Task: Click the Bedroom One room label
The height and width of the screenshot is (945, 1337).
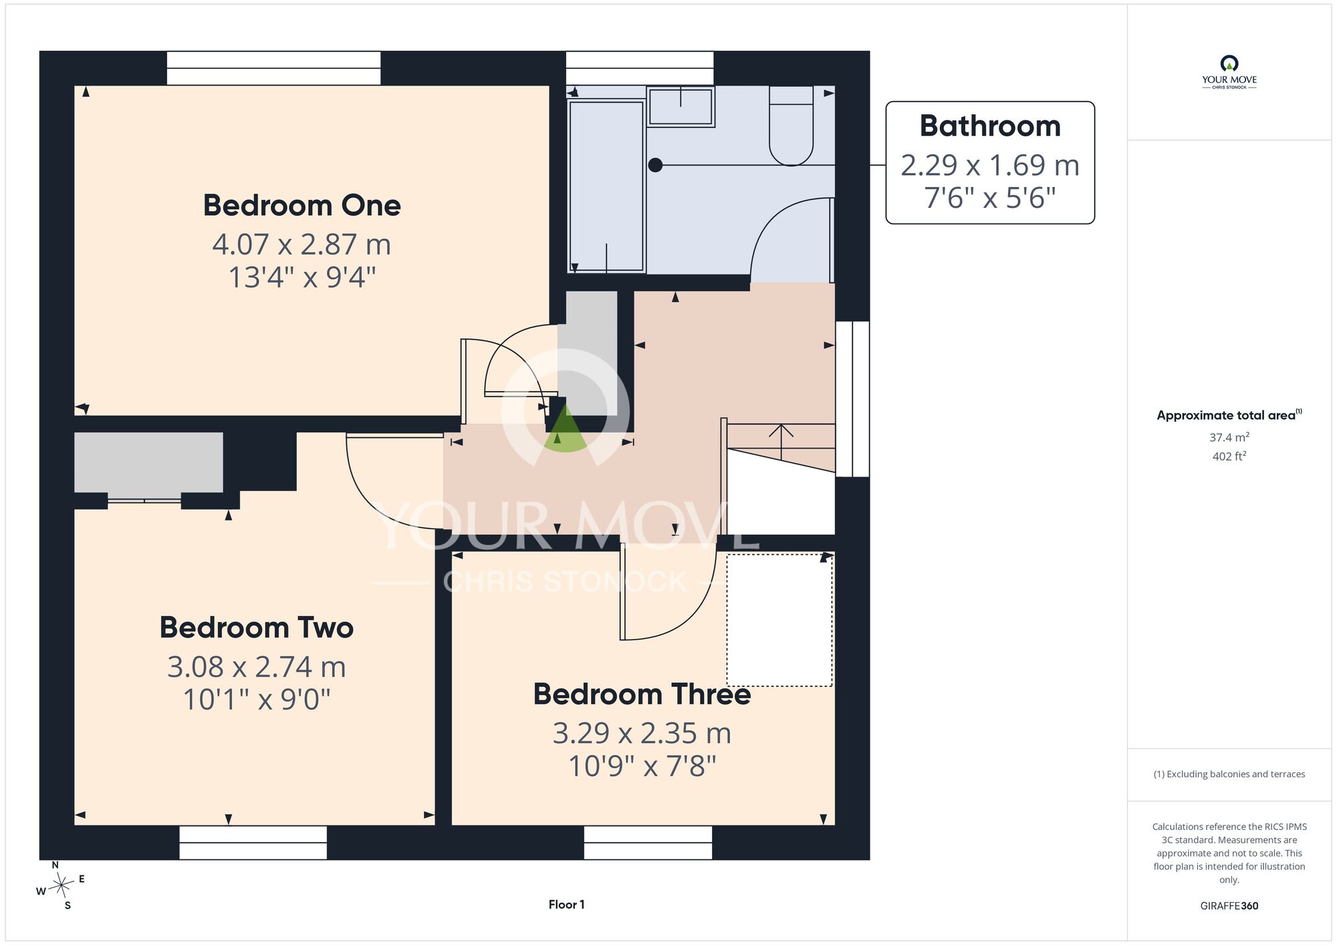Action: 301,205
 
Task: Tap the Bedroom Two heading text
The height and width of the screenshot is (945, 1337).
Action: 257,628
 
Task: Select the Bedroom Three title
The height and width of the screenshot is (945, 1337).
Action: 642,694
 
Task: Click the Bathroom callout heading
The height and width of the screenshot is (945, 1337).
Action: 990,126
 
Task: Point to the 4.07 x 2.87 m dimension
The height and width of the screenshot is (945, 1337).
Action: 301,244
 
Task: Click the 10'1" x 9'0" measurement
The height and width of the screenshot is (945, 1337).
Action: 257,699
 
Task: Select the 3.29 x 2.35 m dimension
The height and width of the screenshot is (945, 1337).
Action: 642,733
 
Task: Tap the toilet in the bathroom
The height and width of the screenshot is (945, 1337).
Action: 791,126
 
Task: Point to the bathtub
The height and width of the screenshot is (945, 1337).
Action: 606,186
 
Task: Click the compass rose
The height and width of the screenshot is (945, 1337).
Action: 61,886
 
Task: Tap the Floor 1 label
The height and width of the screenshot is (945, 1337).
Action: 566,904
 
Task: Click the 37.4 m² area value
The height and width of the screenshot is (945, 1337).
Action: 1229,437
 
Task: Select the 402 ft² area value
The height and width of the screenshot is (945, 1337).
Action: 1229,456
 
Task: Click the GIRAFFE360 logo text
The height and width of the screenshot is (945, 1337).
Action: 1229,906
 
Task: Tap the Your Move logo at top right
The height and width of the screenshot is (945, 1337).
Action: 1229,72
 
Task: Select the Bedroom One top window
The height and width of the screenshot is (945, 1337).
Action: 273,68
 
